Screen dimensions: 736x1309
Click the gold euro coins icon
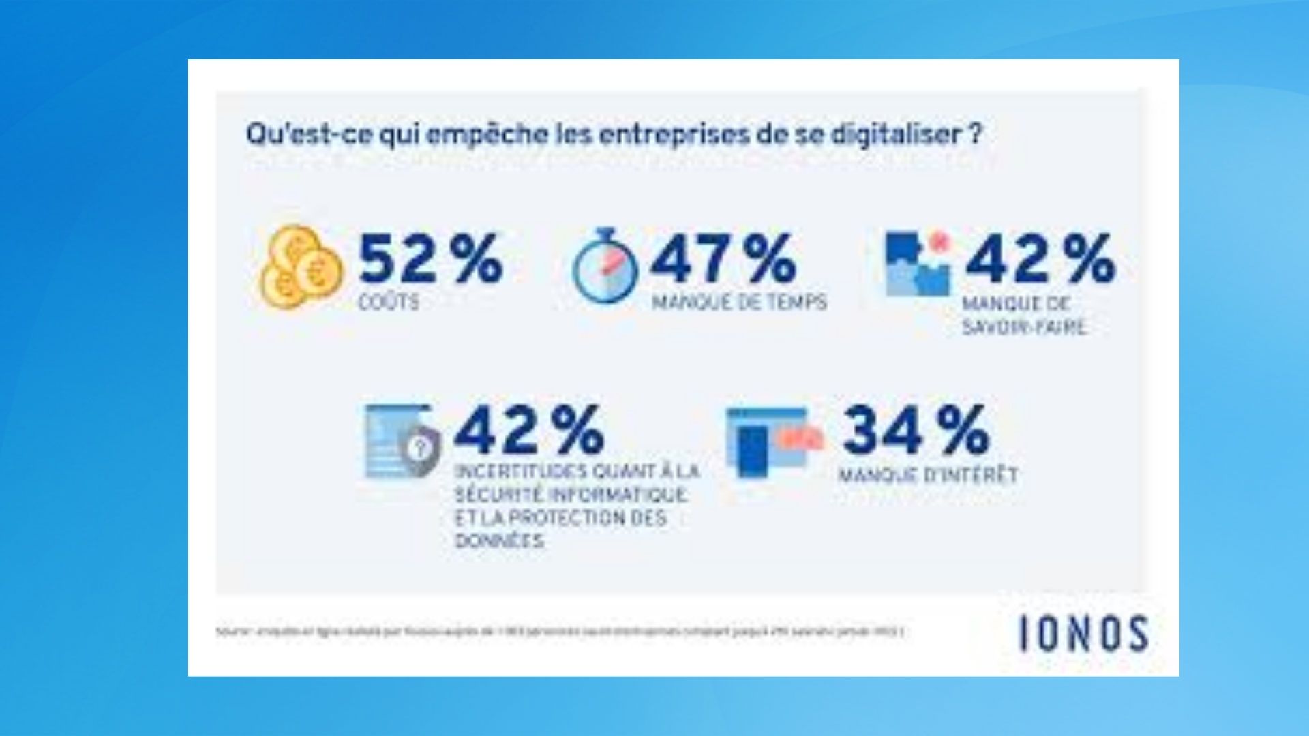click(300, 267)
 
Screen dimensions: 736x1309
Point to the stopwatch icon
click(605, 267)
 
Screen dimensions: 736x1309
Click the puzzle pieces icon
click(917, 264)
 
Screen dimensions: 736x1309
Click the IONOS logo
click(1083, 634)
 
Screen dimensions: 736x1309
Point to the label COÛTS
click(389, 302)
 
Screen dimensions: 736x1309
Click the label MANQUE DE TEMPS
click(739, 302)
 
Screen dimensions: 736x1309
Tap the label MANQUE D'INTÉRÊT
click(928, 474)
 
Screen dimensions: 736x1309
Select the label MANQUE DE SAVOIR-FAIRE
click(1023, 316)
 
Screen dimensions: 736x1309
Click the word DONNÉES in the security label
click(500, 541)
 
